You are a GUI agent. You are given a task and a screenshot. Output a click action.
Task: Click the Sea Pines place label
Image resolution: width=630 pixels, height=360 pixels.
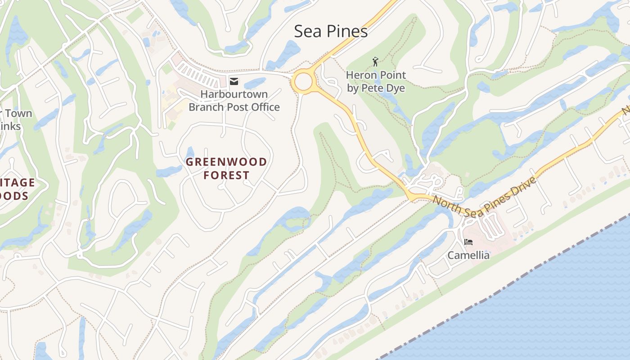(x=331, y=31)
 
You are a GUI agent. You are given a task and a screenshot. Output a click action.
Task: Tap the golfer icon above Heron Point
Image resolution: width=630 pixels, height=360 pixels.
(x=375, y=62)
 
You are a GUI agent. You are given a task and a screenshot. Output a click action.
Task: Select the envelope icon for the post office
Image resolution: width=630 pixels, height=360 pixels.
(x=234, y=81)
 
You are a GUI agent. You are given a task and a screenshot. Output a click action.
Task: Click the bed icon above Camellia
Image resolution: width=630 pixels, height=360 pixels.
(x=468, y=242)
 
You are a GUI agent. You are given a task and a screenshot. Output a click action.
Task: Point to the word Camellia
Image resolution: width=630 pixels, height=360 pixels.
(x=468, y=255)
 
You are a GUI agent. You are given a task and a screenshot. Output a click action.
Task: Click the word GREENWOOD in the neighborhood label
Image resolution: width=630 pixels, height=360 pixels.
(x=226, y=162)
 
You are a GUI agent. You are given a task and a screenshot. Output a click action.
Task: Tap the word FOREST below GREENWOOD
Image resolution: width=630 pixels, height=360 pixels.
(x=226, y=175)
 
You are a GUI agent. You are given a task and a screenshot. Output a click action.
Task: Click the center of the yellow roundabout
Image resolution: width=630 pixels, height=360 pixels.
(x=304, y=82)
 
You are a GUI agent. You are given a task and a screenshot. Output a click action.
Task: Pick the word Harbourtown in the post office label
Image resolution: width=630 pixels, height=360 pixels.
(x=234, y=94)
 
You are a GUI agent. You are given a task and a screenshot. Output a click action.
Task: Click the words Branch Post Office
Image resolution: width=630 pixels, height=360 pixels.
(x=234, y=107)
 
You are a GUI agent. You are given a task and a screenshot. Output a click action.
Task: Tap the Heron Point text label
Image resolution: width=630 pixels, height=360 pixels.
(x=376, y=75)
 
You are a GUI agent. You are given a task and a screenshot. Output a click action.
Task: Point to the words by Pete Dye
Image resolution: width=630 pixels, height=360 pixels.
(x=376, y=88)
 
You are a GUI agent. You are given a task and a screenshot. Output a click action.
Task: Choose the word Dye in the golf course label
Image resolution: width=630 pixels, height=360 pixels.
(x=396, y=88)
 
